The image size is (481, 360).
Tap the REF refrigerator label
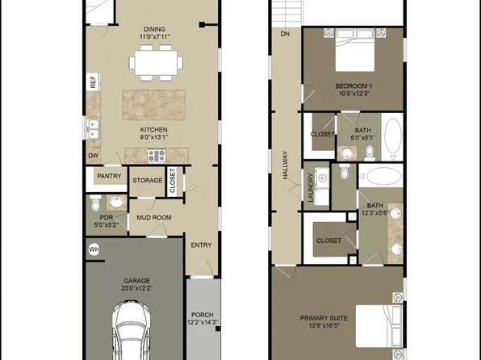[x=93, y=82]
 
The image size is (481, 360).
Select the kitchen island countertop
[x=155, y=106]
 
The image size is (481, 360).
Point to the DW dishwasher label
[x=93, y=156]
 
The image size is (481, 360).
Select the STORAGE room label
[x=148, y=180]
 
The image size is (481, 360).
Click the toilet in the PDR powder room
[x=95, y=202]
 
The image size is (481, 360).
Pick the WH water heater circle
[x=93, y=250]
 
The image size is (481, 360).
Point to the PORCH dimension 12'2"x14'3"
[x=201, y=323]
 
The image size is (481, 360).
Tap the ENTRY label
[x=200, y=245]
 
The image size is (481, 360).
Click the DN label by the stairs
[x=285, y=34]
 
